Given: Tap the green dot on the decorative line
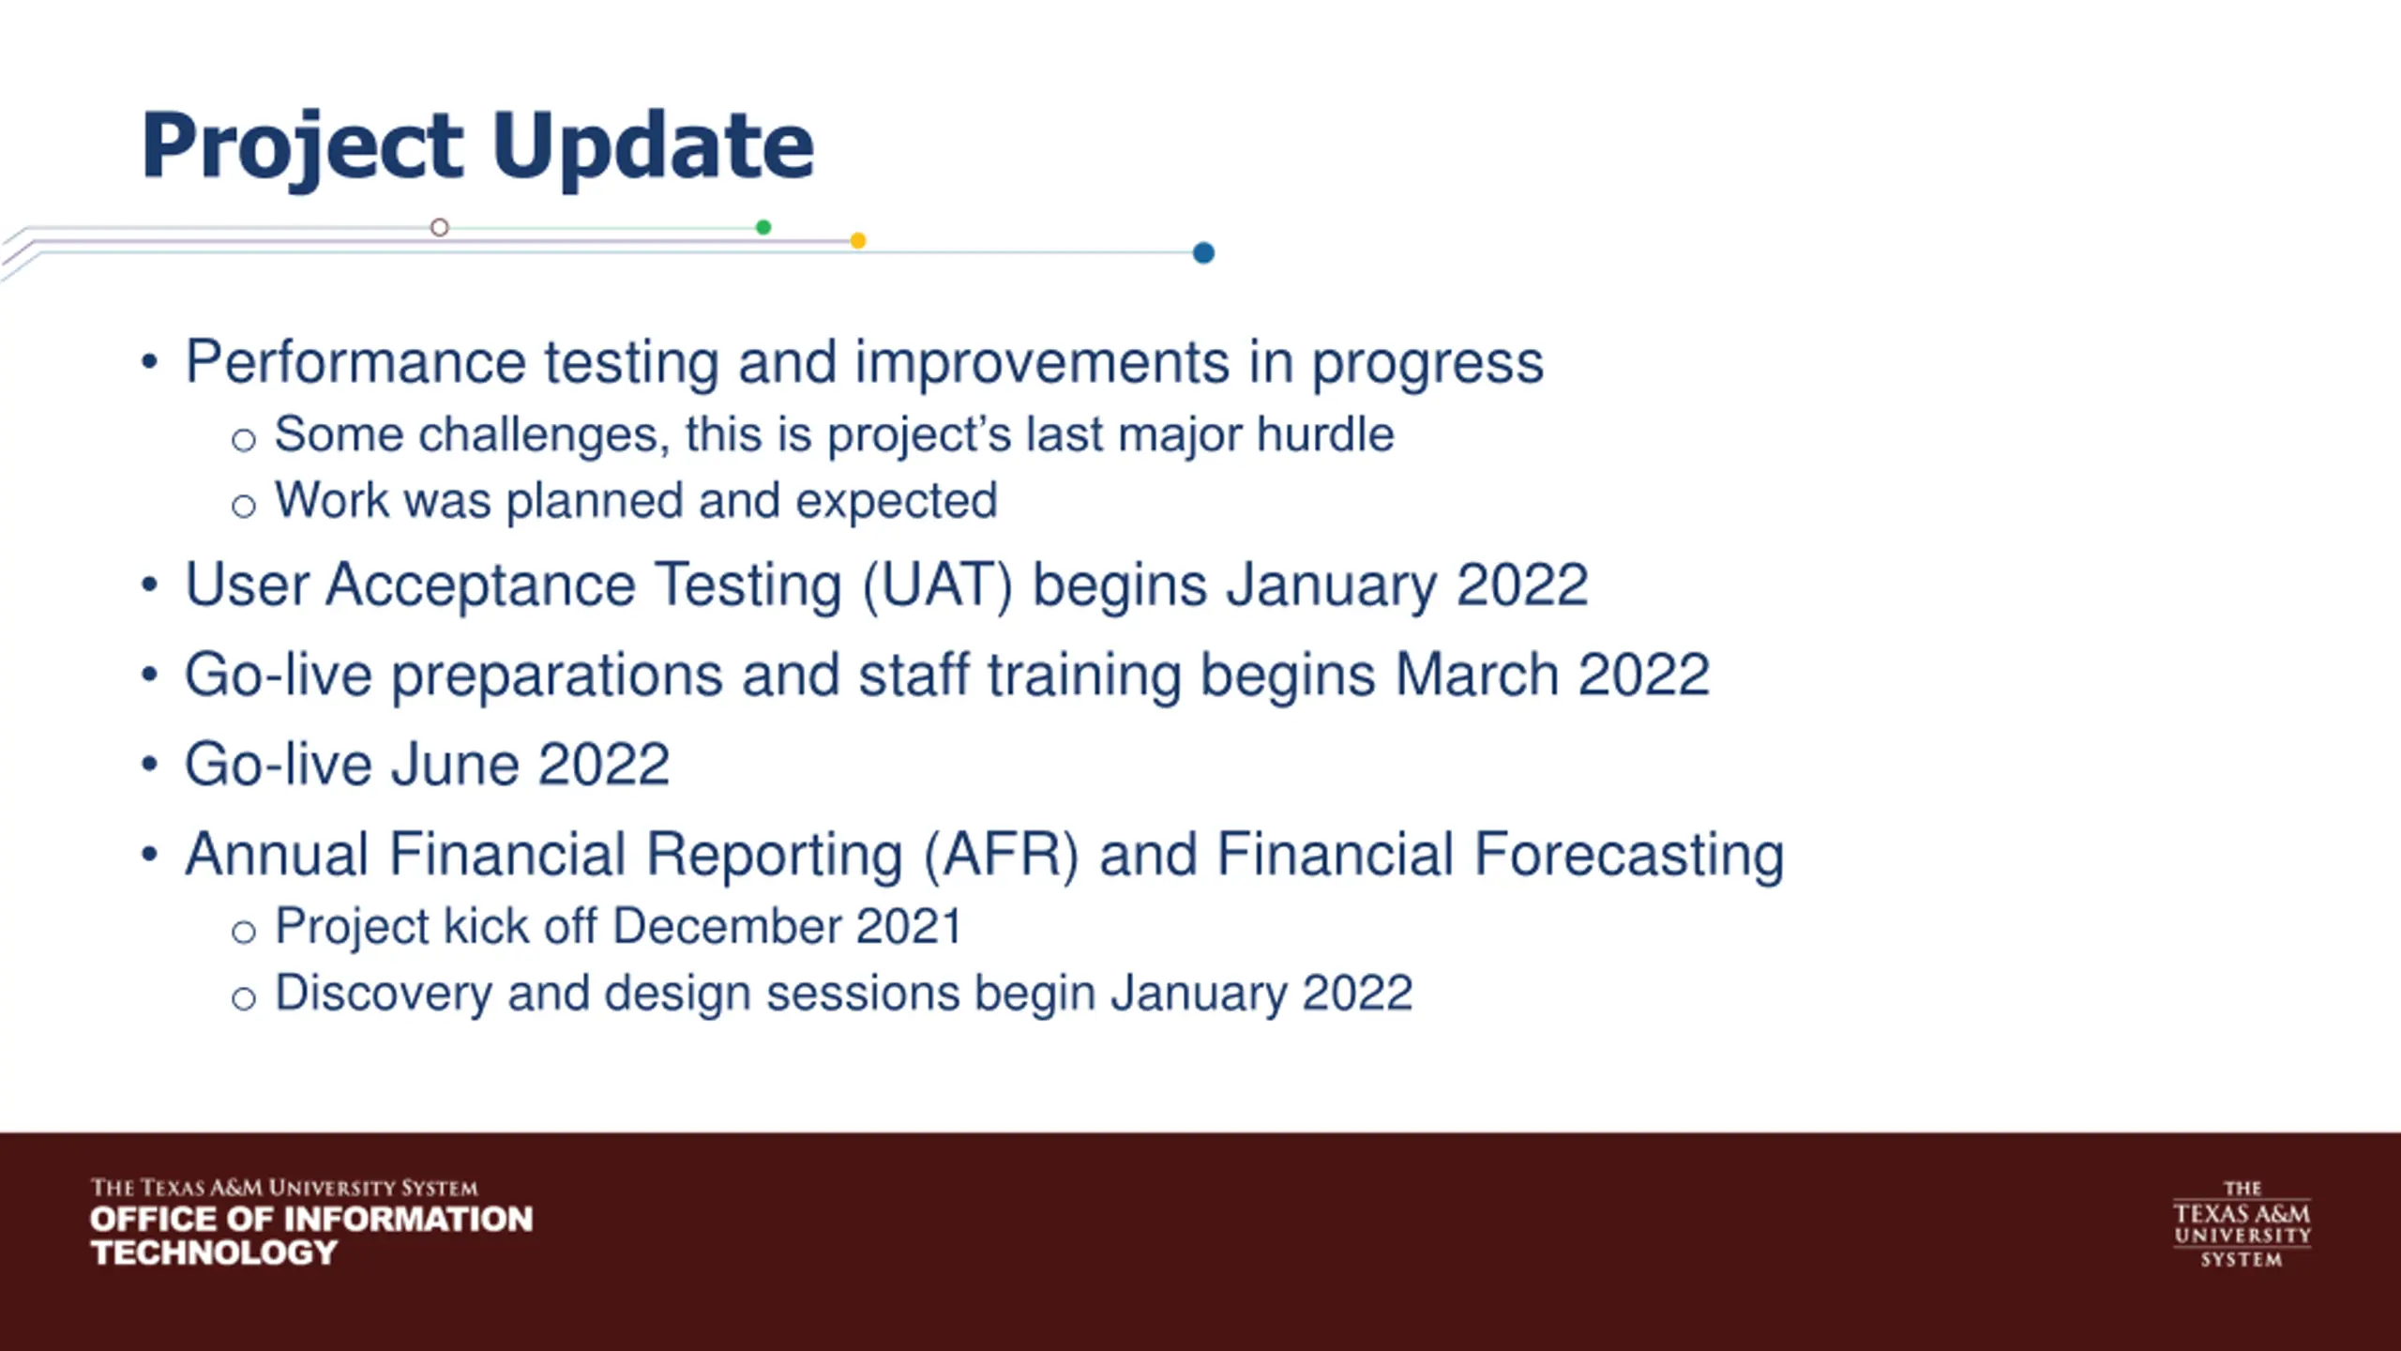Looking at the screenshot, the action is coord(763,227).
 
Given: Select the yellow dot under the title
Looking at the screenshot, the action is coord(857,241).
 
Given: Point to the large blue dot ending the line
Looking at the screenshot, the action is coord(1203,252).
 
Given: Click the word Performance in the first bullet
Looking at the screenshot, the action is coord(355,362).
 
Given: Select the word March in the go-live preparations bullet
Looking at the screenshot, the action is coord(1477,675).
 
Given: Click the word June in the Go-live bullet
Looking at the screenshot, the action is coord(454,764).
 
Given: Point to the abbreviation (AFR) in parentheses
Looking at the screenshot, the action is coord(1002,855).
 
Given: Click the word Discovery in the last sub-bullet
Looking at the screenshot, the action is coord(384,994).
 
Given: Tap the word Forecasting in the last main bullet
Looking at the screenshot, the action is coord(1629,856).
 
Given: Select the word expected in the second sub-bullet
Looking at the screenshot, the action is coord(897,501).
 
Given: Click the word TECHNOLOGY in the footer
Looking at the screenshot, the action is coord(214,1252).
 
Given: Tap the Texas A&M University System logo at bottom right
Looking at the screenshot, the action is coord(2242,1224).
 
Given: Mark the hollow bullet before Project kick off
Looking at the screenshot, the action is coord(244,932).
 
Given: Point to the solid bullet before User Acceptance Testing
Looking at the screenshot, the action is coord(149,585).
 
